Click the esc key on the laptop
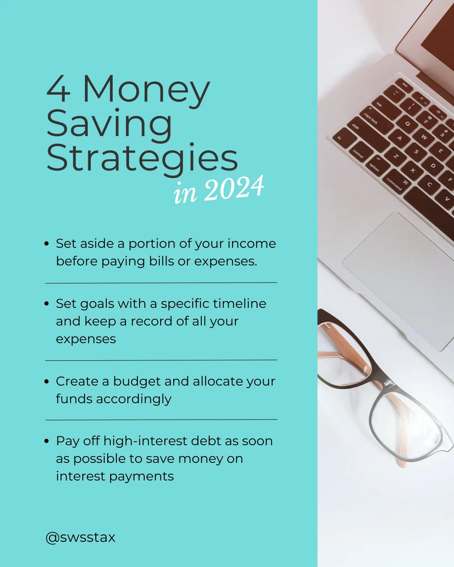404,85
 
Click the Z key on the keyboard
396,156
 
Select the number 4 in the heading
58,89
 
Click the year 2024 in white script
234,188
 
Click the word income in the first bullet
252,244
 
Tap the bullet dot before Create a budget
47,381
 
